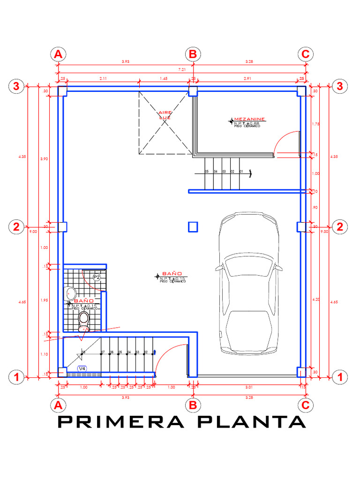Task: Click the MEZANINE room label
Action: (x=250, y=120)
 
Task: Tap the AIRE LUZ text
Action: (x=165, y=115)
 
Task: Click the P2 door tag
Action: (x=97, y=277)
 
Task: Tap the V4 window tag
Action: (x=82, y=369)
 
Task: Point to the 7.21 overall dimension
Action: (x=182, y=70)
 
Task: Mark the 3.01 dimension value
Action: (x=249, y=387)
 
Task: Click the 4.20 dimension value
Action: (x=315, y=299)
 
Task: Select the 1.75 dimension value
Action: (x=315, y=124)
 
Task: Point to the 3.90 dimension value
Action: (x=45, y=159)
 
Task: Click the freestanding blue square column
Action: (x=193, y=227)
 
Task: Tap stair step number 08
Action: (x=83, y=352)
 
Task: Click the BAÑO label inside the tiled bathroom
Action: (x=86, y=300)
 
